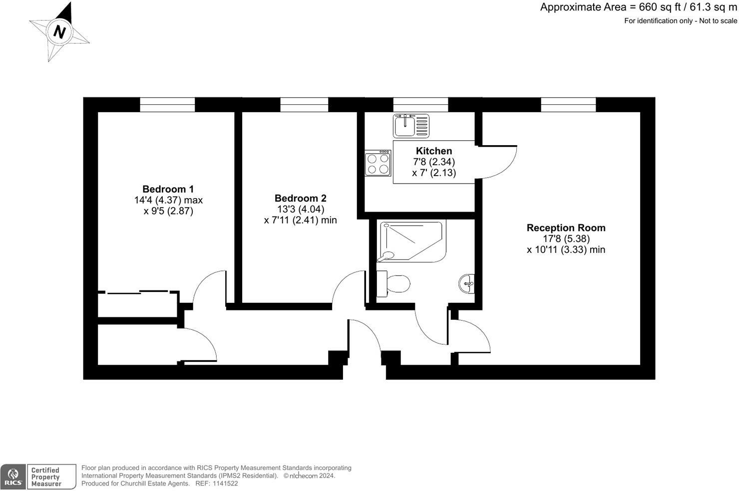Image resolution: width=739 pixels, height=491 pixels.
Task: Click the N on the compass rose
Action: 60,32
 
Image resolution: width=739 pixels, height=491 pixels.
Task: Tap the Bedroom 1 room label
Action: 168,189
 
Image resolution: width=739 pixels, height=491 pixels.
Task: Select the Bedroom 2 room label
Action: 300,198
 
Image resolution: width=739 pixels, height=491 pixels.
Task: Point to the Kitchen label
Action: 434,151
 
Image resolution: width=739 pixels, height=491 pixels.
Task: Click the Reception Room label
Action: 566,228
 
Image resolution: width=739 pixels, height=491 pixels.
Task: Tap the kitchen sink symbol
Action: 411,125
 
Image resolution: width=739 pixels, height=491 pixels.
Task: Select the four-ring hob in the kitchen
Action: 377,163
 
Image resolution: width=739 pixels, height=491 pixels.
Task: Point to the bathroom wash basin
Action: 467,284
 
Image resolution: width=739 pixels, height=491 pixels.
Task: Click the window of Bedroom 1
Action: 167,104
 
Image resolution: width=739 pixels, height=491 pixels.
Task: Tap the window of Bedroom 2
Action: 304,104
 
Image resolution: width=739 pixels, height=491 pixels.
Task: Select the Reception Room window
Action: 568,104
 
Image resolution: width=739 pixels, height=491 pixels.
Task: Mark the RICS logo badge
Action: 13,477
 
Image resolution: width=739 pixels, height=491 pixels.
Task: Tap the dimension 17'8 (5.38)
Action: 566,239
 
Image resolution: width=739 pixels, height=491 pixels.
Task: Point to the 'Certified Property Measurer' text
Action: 46,477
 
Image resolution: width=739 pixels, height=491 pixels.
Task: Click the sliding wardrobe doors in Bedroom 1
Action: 138,292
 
